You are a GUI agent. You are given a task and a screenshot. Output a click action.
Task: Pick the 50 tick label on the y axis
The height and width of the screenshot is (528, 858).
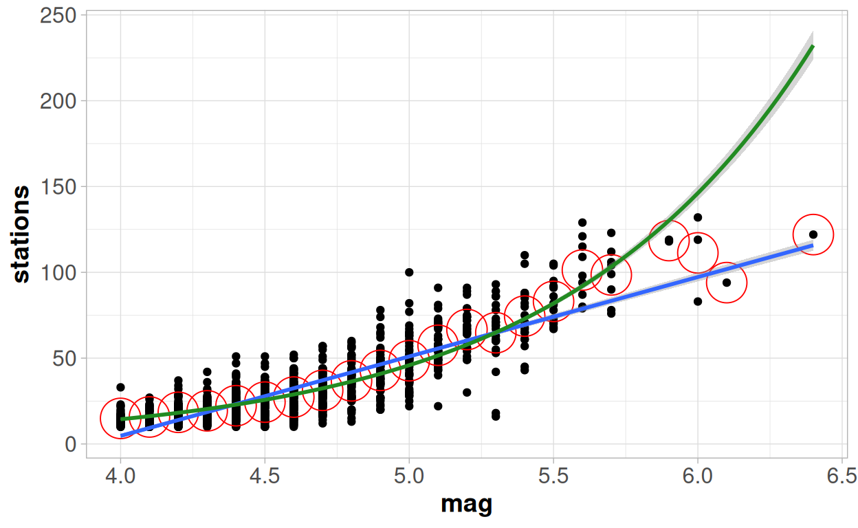(x=65, y=358)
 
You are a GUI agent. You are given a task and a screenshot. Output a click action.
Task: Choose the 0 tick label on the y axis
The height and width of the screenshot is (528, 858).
(x=70, y=444)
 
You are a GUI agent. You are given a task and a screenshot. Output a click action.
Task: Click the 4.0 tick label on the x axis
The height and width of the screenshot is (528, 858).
(x=120, y=476)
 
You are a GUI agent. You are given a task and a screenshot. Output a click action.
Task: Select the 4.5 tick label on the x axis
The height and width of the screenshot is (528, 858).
(x=265, y=476)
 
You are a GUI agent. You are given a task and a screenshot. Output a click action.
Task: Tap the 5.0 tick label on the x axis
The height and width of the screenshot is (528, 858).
(x=409, y=476)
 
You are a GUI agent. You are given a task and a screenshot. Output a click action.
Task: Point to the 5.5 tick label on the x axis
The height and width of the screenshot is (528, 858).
(x=553, y=476)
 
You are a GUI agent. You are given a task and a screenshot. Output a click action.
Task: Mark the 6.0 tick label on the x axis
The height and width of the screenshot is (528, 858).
(x=698, y=476)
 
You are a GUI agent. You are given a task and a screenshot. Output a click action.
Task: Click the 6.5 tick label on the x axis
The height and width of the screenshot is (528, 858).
(x=842, y=476)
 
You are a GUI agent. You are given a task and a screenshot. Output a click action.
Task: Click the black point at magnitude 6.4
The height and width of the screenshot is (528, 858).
(x=813, y=234)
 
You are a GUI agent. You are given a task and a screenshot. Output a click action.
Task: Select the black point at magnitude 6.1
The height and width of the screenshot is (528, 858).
(x=727, y=283)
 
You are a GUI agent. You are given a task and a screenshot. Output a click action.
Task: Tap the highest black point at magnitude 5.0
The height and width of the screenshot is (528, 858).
(x=409, y=272)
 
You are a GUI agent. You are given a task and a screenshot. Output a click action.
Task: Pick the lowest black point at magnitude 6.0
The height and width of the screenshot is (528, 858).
(x=698, y=301)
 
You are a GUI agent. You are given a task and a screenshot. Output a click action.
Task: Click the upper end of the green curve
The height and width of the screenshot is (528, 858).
(x=813, y=47)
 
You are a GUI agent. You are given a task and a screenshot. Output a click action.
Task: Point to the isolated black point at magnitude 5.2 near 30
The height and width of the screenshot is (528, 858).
(x=467, y=393)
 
